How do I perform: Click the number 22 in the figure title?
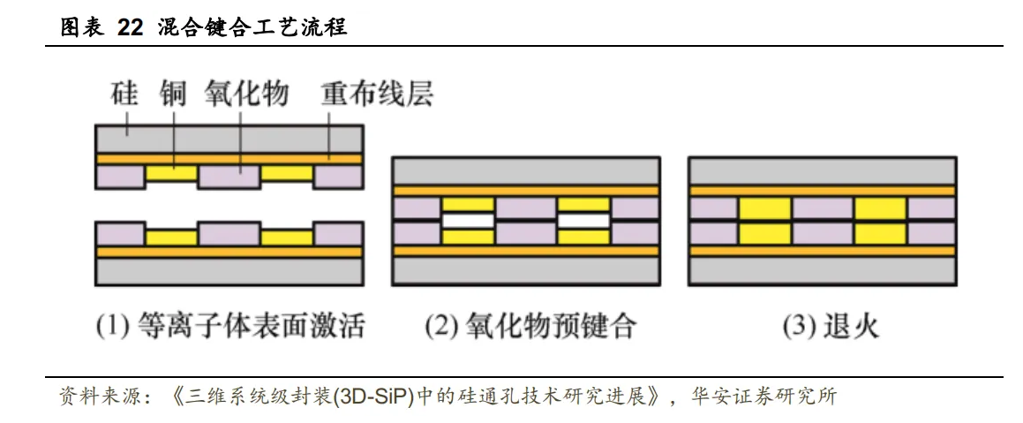(130, 27)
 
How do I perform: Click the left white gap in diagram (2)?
(468, 220)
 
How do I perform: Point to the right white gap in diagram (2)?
(584, 220)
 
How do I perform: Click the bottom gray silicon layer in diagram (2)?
(526, 271)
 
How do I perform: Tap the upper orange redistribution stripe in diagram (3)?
(822, 191)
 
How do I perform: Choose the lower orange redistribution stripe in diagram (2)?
(526, 251)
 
